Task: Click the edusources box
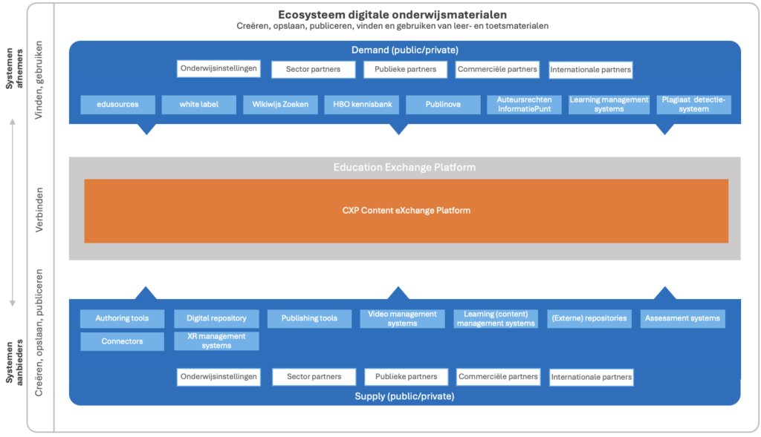click(118, 105)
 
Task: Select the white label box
click(199, 105)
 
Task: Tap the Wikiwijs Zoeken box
click(280, 105)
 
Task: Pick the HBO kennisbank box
click(361, 105)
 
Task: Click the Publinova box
click(443, 105)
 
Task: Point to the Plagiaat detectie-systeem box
click(694, 105)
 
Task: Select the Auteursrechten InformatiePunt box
click(525, 105)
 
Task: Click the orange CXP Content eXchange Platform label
click(406, 211)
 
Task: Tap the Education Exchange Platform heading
click(404, 168)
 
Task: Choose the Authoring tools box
click(122, 319)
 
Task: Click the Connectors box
click(122, 341)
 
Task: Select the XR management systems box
click(216, 341)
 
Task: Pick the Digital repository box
click(216, 319)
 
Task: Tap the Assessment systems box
click(682, 319)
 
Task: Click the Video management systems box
click(402, 319)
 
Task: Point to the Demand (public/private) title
click(404, 50)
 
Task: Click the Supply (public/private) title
click(404, 397)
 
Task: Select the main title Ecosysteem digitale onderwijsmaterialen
click(392, 14)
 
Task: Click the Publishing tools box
click(309, 319)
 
